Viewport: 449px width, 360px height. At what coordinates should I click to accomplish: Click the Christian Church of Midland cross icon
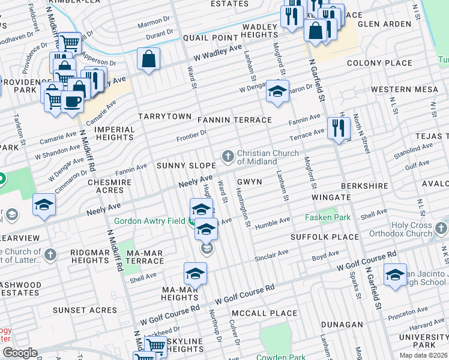coord(228,157)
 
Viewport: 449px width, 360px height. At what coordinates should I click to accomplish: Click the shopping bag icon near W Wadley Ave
coord(148,59)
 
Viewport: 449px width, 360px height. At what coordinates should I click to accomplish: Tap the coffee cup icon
coord(72,101)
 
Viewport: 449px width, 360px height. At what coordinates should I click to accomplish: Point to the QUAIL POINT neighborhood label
coord(211,38)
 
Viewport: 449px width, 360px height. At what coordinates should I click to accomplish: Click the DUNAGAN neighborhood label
coord(343,325)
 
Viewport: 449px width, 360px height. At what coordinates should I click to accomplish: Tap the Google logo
coord(20,353)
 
